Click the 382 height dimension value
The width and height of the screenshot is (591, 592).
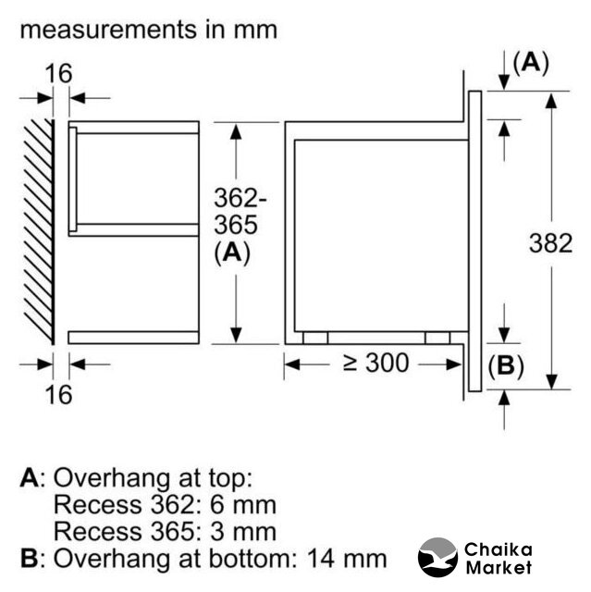(550, 243)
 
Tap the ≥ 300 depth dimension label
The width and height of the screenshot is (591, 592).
(376, 363)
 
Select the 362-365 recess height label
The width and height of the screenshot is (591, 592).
(240, 212)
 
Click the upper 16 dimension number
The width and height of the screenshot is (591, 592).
(58, 73)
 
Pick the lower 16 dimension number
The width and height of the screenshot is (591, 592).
(58, 395)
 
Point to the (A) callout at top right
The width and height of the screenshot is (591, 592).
(531, 63)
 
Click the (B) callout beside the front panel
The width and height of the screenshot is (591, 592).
(506, 366)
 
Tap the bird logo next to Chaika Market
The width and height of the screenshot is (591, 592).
(437, 557)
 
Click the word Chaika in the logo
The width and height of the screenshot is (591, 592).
(499, 549)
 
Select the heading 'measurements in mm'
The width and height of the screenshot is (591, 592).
(149, 30)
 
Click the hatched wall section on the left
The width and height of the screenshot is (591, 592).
(39, 232)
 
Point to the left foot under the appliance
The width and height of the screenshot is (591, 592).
(315, 338)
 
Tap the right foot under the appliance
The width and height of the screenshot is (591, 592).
(437, 338)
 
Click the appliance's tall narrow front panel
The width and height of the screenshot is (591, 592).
(474, 241)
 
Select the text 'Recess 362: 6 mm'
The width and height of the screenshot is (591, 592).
(165, 504)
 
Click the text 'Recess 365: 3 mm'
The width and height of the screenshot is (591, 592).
(165, 531)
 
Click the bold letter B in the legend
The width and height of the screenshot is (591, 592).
(30, 559)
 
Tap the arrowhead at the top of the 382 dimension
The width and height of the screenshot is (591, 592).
(551, 101)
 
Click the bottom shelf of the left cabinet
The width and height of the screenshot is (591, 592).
(133, 338)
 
